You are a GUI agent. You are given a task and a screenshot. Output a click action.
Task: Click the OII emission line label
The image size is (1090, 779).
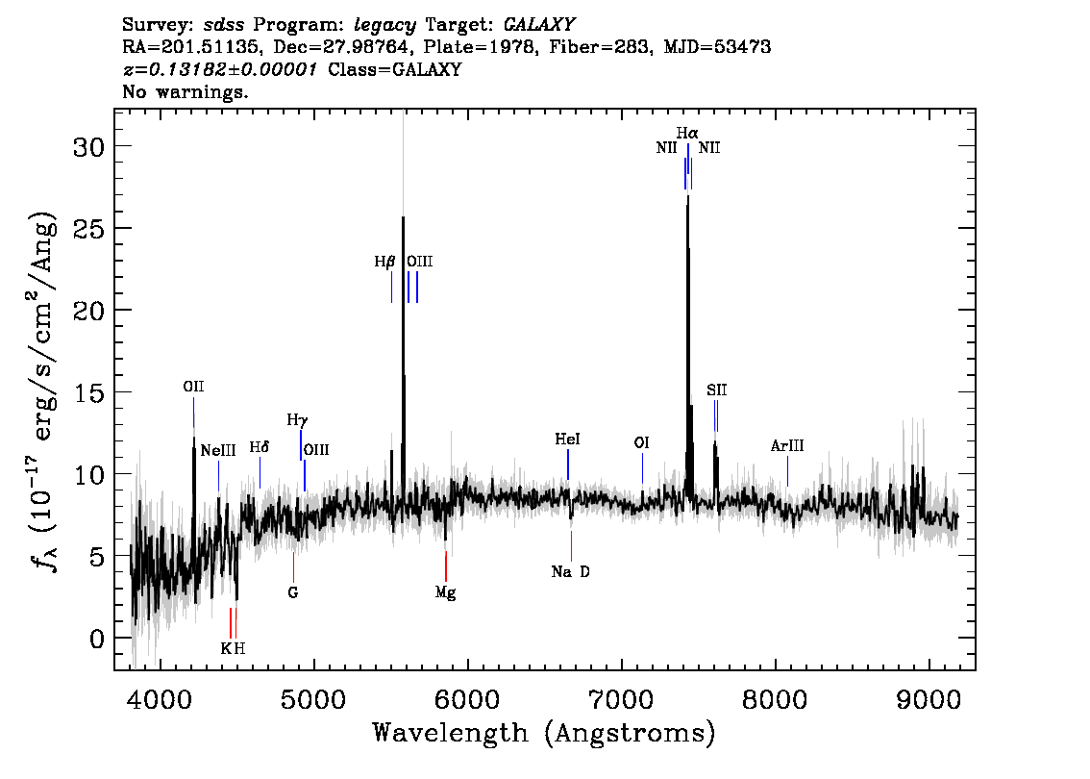pos(193,387)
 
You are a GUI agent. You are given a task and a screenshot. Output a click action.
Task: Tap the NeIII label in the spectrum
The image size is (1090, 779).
pos(218,451)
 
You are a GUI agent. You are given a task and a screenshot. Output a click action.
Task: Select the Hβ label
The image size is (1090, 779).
pos(384,262)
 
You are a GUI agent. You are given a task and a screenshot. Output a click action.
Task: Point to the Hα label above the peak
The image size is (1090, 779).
pos(687,132)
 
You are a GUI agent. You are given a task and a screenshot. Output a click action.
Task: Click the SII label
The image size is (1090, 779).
pos(717,390)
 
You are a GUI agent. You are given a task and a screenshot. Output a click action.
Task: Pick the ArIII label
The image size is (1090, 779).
pos(787,446)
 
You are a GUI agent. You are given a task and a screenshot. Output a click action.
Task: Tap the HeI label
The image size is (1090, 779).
pos(567,440)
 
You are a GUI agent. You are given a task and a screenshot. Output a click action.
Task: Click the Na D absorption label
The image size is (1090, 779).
pos(571,571)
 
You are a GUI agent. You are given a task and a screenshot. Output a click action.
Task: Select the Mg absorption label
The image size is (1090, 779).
pos(446,593)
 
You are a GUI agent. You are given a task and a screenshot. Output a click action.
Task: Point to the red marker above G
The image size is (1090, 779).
pos(293,566)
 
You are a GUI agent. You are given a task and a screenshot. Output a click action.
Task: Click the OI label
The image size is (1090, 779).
pos(642,443)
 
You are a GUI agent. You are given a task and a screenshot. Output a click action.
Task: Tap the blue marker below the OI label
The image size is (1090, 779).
pos(642,467)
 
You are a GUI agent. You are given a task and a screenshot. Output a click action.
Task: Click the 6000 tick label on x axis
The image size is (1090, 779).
pos(468,700)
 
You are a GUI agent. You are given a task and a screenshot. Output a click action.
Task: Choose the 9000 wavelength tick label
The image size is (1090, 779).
pos(929,700)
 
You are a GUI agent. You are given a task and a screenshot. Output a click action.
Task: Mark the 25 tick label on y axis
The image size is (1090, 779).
pos(89,228)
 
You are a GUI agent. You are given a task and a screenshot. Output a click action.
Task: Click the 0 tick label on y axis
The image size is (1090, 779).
pos(97,639)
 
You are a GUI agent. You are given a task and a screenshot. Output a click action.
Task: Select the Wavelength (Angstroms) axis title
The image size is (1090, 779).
pos(544,733)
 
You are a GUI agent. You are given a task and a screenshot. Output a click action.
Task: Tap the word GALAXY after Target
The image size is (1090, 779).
pos(538,25)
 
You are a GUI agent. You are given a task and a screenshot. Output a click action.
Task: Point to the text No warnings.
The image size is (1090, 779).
pos(185,91)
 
